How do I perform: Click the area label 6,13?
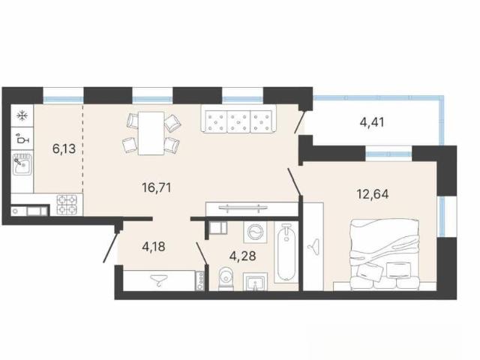tap(64, 149)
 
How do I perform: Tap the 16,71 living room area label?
tap(157, 187)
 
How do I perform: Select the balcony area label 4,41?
tap(372, 122)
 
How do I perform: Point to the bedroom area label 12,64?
tap(373, 194)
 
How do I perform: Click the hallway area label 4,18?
tap(154, 247)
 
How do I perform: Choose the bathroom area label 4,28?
tap(243, 256)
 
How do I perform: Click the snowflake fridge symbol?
tap(22, 115)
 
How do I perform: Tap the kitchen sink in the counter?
tap(22, 164)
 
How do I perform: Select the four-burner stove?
tap(67, 205)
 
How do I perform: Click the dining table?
tap(151, 133)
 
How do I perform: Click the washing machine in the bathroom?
tap(255, 232)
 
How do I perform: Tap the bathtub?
tap(286, 252)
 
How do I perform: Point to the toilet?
tap(226, 278)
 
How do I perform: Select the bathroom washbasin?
tap(255, 281)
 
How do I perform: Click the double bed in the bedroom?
tap(384, 255)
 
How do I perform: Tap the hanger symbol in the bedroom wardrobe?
tap(313, 246)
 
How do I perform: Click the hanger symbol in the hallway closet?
tap(159, 280)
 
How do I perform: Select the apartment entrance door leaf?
tap(110, 247)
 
